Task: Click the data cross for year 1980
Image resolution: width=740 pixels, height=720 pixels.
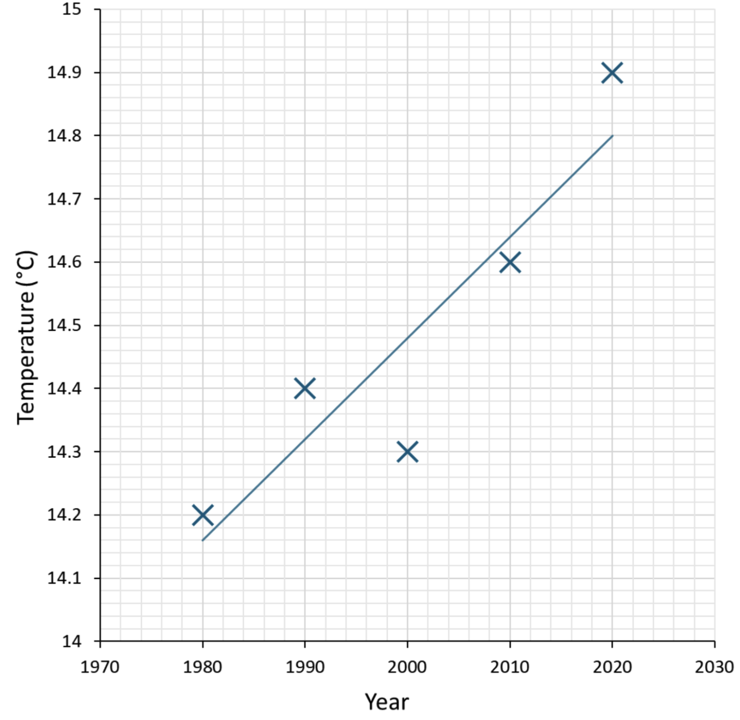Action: pos(203,515)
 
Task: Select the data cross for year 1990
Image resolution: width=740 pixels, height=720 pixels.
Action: pos(305,388)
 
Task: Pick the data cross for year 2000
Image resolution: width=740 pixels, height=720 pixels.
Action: pos(407,451)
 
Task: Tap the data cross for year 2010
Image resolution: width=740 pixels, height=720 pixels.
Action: pos(510,262)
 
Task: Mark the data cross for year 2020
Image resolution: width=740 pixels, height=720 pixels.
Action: pos(612,73)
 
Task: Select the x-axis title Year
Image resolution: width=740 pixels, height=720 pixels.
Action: pos(387,702)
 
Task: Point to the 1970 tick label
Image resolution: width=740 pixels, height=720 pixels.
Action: pos(100,667)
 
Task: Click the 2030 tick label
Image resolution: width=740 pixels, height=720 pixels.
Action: pos(714,667)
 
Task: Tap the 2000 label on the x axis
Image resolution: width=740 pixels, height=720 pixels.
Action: pos(407,667)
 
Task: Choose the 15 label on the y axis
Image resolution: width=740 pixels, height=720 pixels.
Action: pos(71,9)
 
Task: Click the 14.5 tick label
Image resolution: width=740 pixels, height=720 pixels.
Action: pos(64,326)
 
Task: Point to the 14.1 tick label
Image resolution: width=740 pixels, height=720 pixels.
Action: pos(64,578)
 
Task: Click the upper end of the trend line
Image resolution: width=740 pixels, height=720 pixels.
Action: pos(612,136)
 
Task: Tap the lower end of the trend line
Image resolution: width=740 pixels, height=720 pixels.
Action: pos(203,540)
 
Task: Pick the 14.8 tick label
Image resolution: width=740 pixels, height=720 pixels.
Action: pos(64,136)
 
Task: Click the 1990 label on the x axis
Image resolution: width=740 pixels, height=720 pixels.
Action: pos(305,667)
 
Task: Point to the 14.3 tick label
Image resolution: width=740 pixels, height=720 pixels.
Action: pos(64,452)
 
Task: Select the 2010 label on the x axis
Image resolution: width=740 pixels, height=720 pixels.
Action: pos(510,667)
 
